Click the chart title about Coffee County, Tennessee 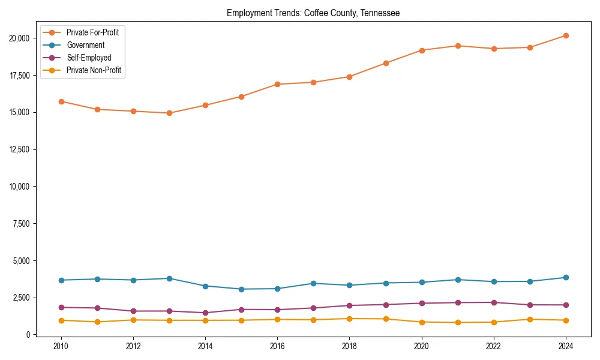coord(313,13)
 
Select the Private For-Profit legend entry coord(92,32)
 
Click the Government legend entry coord(85,45)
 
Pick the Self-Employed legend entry coord(89,58)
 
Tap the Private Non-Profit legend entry coord(94,70)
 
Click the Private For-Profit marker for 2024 coord(566,36)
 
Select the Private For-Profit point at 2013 coord(169,113)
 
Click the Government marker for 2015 coord(241,289)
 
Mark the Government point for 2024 coord(566,278)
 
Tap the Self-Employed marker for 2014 coord(205,313)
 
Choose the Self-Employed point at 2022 coord(494,302)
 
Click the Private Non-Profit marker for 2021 coord(458,322)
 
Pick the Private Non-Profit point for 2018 coord(350,319)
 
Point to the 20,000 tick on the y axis coord(20,38)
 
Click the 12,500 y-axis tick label coord(20,149)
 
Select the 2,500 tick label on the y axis coord(22,298)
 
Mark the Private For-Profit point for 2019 coord(386,63)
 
